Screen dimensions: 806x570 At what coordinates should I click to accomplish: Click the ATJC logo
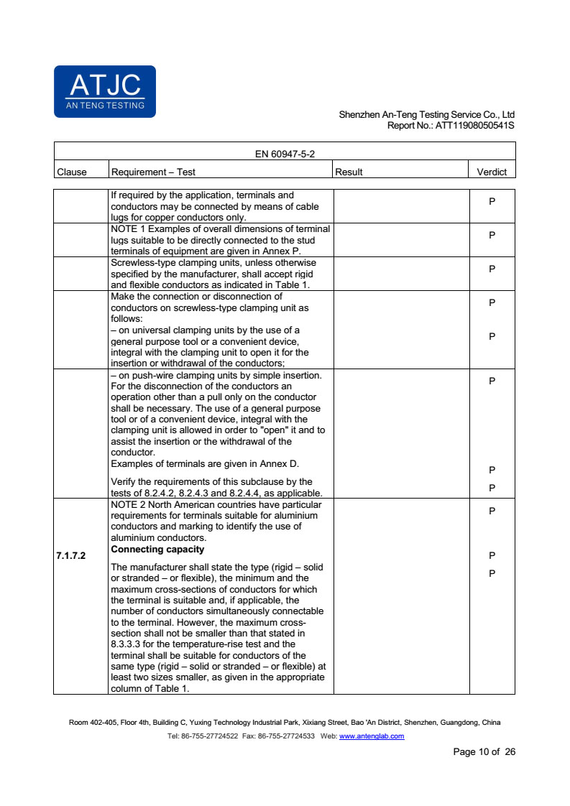[x=104, y=91]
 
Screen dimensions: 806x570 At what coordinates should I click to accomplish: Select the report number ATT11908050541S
[x=475, y=125]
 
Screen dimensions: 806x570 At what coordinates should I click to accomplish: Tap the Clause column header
[x=71, y=172]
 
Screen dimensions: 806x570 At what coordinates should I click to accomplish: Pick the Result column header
[x=349, y=172]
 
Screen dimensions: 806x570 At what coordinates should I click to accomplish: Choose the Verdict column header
[x=492, y=172]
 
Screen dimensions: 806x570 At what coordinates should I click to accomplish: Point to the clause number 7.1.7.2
[x=70, y=555]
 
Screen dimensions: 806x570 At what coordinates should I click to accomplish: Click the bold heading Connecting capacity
[x=157, y=550]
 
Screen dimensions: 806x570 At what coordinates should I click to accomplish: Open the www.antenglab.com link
[x=371, y=736]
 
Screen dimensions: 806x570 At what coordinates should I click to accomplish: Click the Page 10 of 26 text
[x=484, y=752]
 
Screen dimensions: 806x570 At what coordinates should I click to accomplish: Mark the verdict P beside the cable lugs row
[x=492, y=202]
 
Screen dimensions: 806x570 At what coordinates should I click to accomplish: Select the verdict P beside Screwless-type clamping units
[x=492, y=269]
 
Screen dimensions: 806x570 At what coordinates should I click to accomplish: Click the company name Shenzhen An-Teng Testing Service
[x=415, y=115]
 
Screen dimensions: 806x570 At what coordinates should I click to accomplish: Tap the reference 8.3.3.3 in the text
[x=129, y=644]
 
